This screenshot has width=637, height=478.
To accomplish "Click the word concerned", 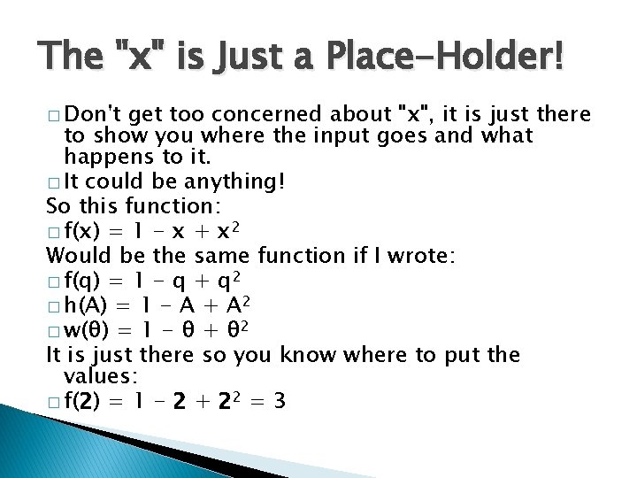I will tap(271, 113).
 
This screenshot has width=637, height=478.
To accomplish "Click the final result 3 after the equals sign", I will tap(280, 402).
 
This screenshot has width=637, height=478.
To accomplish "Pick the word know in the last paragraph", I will tap(311, 355).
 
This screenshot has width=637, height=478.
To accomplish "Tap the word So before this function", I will tap(58, 208).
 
